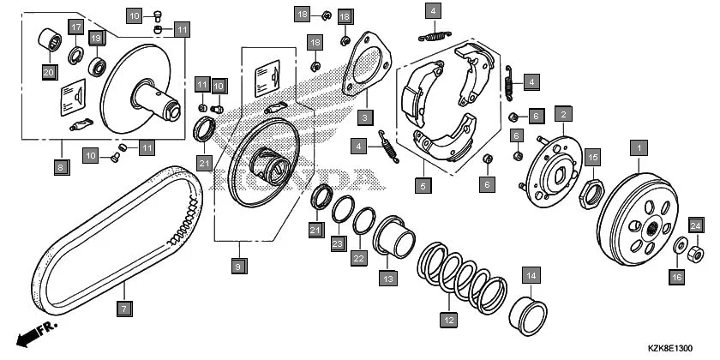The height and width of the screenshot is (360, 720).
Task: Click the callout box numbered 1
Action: coord(638,148)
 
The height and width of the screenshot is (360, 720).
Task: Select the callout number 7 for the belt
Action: coord(123,307)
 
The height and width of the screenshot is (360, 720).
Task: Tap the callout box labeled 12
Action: coord(447,320)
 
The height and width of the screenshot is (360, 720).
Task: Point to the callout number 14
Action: coord(531,276)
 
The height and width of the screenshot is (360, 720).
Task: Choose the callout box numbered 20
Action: coord(49,72)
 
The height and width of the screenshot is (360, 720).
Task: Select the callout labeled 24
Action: coord(696,225)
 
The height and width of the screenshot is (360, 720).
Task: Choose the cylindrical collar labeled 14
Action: coord(530,314)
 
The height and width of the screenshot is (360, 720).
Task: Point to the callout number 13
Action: coord(388,279)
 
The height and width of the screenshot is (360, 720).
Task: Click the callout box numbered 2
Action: coord(563,114)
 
